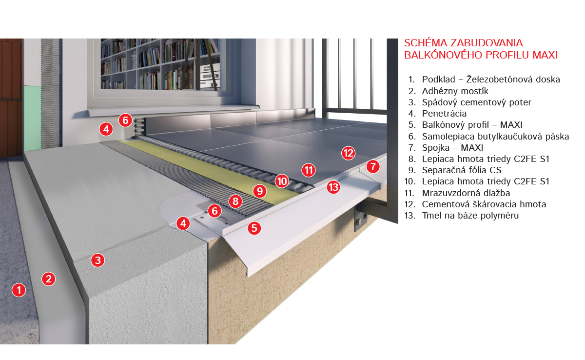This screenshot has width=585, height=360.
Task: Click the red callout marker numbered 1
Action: pos(19,290)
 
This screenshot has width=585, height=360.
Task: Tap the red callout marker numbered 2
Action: pos(49,279)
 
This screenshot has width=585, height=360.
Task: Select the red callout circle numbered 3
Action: pos(98,260)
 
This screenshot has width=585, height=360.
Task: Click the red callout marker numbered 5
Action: pos(254,228)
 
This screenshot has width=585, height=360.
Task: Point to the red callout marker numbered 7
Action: pos(373,166)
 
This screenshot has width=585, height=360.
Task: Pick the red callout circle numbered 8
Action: pos(235,201)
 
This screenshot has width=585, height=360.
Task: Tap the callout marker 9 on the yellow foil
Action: pos(260,191)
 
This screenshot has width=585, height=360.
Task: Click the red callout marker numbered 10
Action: pos(282,181)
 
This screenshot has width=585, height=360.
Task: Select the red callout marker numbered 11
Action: pos(309,170)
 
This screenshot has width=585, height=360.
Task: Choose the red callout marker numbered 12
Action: pos(349,153)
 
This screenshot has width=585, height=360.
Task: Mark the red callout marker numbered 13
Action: pos(333,187)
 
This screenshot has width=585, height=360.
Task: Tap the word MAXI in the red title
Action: pos(545,55)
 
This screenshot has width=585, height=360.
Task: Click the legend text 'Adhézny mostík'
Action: pos(455,91)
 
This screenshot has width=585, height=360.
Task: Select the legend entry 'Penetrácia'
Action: pos(444,114)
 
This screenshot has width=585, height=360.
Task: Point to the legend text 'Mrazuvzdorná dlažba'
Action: pos(466,193)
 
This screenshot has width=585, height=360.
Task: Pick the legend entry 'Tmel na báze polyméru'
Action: pos(470,216)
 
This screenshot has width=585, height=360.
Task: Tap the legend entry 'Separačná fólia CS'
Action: pos(462,170)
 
